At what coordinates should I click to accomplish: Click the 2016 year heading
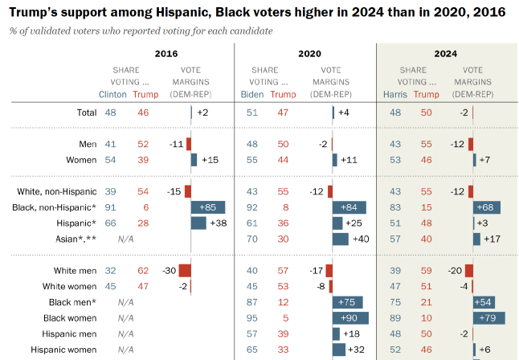(x=167, y=54)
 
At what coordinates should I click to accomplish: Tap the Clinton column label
(x=112, y=94)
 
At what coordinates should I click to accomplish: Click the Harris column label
(x=394, y=94)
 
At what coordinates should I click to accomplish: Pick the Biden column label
(x=251, y=94)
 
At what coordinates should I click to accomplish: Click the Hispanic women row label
(x=63, y=350)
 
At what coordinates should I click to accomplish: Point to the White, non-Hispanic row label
(x=57, y=191)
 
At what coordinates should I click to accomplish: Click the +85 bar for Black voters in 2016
(x=208, y=207)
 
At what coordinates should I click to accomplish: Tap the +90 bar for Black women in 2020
(x=350, y=317)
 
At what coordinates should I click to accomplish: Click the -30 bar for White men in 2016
(x=185, y=271)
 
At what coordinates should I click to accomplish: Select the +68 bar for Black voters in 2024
(x=487, y=207)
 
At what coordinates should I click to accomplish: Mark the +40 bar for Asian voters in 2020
(x=341, y=239)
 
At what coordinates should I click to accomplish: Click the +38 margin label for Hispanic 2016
(x=219, y=223)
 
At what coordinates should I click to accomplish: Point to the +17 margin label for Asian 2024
(x=492, y=239)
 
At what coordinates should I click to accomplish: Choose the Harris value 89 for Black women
(x=394, y=317)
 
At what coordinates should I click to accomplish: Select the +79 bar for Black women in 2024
(x=489, y=317)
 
